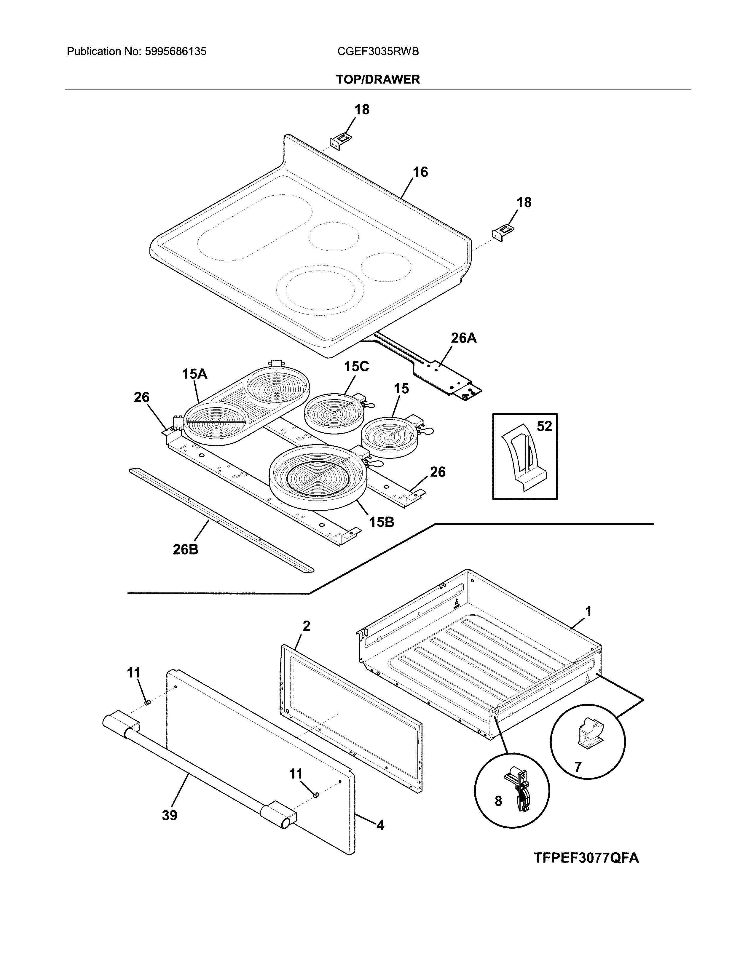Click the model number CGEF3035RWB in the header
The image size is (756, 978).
click(378, 52)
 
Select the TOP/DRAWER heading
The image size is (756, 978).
click(378, 80)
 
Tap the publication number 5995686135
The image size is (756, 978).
click(175, 52)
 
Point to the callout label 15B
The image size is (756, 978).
click(382, 522)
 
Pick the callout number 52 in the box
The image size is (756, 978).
click(544, 426)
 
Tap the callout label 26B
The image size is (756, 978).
click(185, 549)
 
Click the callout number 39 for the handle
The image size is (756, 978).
click(170, 816)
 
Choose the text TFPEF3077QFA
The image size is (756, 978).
click(586, 858)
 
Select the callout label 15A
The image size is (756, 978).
click(194, 374)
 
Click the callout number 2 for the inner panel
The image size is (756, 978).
click(306, 626)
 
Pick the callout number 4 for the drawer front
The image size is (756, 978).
click(380, 825)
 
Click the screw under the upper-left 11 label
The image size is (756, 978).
click(147, 702)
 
